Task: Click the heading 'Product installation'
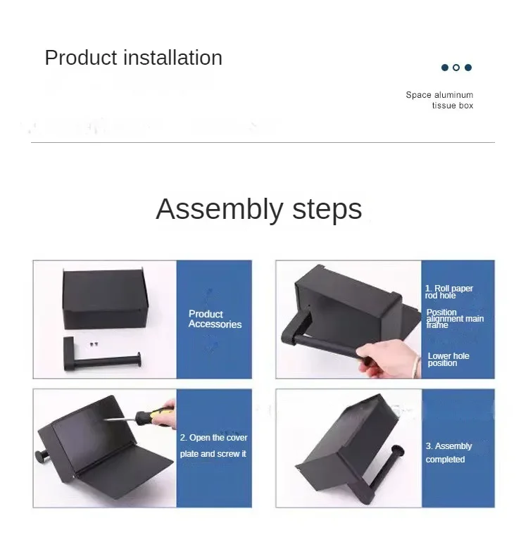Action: tap(133, 58)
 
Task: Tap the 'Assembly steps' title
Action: tap(258, 209)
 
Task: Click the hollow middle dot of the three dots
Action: tap(456, 68)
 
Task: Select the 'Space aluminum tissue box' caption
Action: tap(440, 100)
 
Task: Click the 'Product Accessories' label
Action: tap(215, 319)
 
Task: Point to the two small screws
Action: tap(94, 343)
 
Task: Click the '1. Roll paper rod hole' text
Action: tap(448, 291)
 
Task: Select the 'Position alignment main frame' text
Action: tap(454, 319)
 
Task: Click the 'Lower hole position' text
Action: tap(448, 359)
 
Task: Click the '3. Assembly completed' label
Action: tap(448, 453)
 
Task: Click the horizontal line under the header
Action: tap(263, 142)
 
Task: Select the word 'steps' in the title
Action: tap(325, 209)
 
